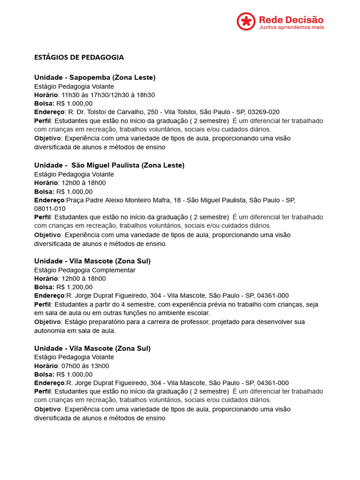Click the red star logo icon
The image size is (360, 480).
click(246, 22)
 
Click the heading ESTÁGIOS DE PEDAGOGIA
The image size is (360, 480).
click(79, 57)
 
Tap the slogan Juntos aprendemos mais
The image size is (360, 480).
click(291, 27)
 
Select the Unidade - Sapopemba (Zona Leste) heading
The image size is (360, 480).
click(95, 77)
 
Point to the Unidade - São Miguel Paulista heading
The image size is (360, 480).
click(109, 165)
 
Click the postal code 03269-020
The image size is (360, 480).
click(263, 112)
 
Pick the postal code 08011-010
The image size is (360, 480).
click(50, 209)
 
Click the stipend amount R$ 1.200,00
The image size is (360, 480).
click(75, 287)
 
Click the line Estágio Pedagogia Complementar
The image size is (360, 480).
click(85, 270)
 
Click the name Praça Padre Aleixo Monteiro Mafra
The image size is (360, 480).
click(121, 200)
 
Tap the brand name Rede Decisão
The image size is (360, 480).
click(291, 19)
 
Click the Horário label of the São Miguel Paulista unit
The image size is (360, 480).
click(46, 183)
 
